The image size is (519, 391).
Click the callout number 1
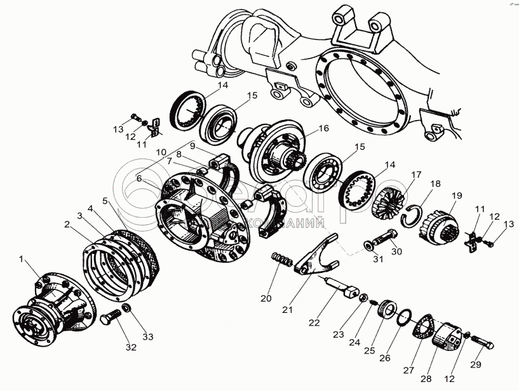(23, 259)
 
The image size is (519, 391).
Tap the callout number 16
(323, 128)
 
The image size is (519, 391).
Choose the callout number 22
(313, 322)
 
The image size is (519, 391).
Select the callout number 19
(457, 195)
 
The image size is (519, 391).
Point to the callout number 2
(66, 223)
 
